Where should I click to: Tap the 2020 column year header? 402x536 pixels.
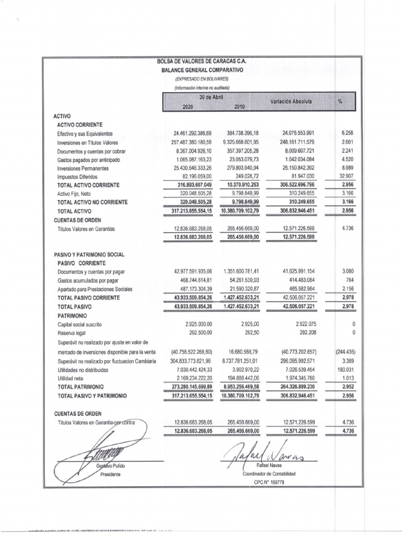click(187, 106)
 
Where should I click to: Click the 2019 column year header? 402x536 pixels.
click(239, 106)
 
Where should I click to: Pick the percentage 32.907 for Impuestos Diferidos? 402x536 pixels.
click(348, 176)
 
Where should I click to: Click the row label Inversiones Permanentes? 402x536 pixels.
click(84, 168)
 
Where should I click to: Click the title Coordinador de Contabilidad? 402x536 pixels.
click(269, 473)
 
